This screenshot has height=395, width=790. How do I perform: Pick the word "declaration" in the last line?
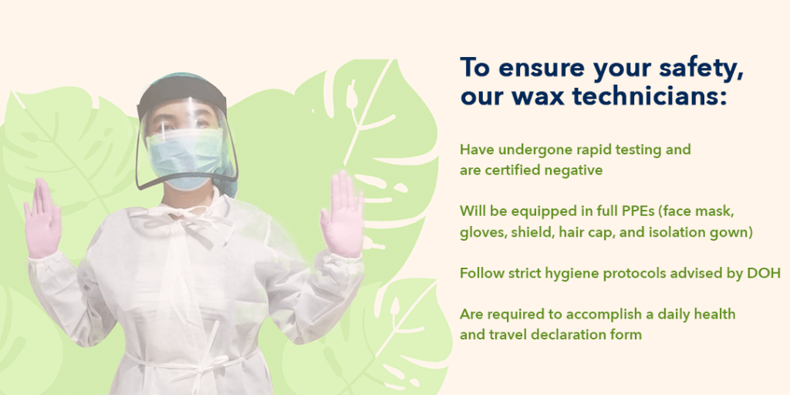(x=565, y=335)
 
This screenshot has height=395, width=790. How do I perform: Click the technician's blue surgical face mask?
(x=184, y=157)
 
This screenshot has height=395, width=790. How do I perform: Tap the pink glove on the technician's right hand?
(x=42, y=218)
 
